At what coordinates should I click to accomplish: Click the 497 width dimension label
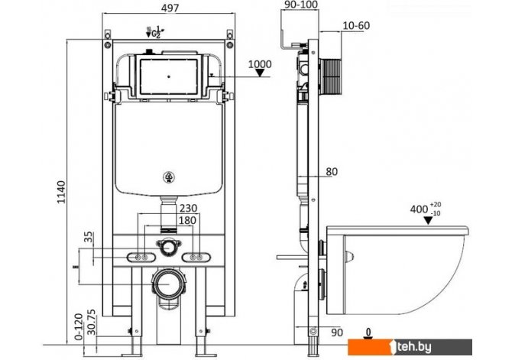pos(170,8)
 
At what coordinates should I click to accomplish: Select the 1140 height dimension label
pos(61,192)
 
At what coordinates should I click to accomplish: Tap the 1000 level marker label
pos(260,64)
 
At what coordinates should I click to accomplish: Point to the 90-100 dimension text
pos(301,5)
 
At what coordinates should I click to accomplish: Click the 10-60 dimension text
pos(356,25)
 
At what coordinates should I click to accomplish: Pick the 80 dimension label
pos(332,171)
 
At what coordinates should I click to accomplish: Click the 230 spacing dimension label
pos(189,208)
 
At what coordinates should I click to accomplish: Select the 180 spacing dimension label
pos(187,220)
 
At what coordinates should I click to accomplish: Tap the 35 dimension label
pos(89,237)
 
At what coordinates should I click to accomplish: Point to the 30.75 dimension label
pos(92,322)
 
